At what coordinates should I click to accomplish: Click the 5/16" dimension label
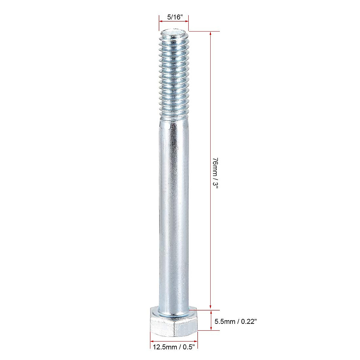click(175, 17)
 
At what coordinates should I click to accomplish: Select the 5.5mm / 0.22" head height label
click(235, 321)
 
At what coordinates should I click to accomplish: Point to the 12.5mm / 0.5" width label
click(174, 347)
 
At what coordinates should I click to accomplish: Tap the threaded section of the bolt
click(174, 75)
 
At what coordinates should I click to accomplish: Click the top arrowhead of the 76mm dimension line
click(211, 34)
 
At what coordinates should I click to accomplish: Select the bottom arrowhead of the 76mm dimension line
click(211, 308)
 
